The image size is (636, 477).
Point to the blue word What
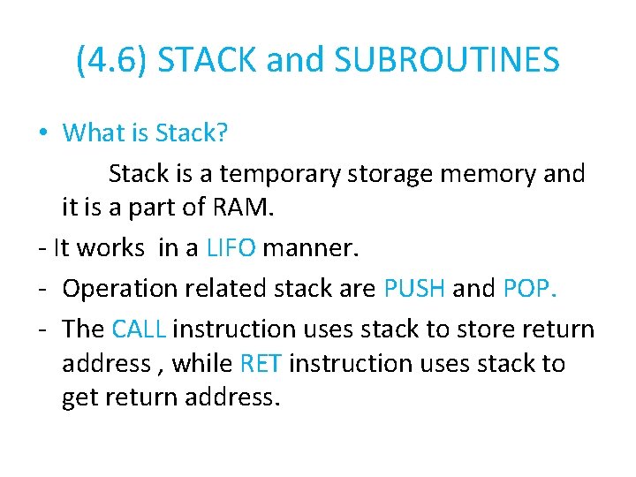tap(94, 133)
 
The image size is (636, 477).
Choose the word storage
tap(390, 174)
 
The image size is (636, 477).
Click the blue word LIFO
tap(231, 248)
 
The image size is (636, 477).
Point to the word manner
tap(311, 248)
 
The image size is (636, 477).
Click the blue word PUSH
tap(415, 288)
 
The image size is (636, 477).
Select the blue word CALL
tap(139, 329)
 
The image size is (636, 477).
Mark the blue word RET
tap(261, 363)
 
